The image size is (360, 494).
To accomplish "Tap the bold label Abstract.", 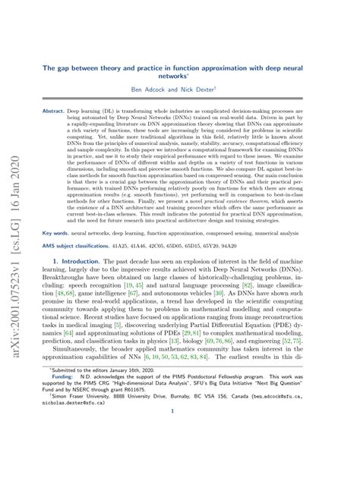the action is tap(53, 111).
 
